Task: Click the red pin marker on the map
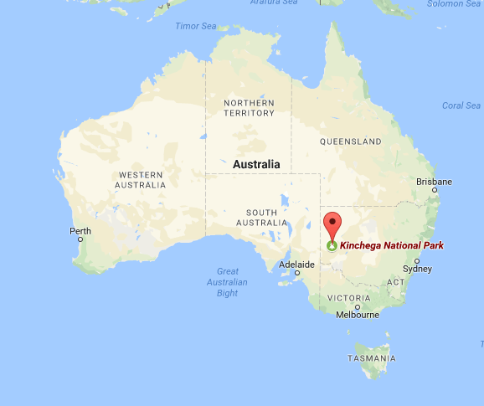click(333, 225)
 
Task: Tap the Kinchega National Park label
click(391, 246)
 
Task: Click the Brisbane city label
click(434, 182)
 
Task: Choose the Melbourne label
click(356, 315)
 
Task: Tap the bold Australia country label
click(256, 164)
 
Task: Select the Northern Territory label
click(249, 107)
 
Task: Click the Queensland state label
click(350, 141)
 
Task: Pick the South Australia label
click(261, 217)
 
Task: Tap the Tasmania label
click(373, 358)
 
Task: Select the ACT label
click(395, 282)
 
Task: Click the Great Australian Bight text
click(227, 281)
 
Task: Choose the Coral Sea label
click(461, 105)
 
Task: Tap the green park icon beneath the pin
click(333, 246)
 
